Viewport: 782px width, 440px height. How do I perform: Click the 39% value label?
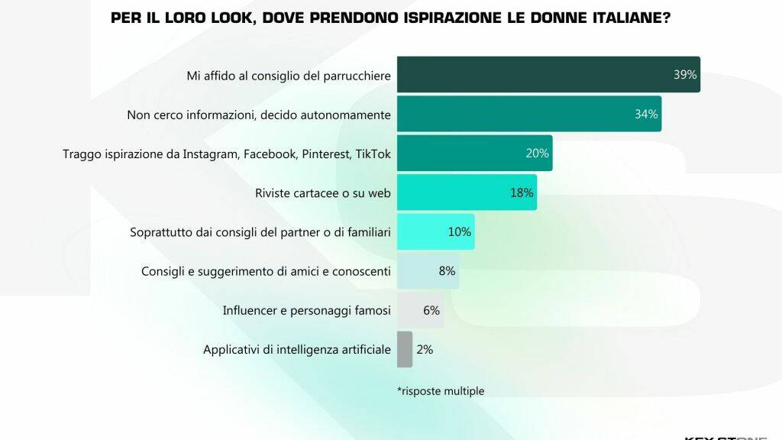(x=684, y=75)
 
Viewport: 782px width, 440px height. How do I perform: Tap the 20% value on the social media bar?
(x=537, y=154)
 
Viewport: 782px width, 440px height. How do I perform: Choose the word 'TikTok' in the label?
(x=373, y=154)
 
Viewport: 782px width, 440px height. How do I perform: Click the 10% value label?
(x=459, y=231)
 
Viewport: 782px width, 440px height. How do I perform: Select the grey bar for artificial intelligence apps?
(x=405, y=349)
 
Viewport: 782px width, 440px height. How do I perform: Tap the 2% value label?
(x=425, y=349)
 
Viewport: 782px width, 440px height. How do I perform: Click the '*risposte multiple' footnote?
(x=441, y=391)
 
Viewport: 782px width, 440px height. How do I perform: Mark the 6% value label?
(x=431, y=310)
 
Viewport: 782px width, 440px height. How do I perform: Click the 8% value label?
(x=447, y=270)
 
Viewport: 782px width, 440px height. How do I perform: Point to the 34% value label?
(x=645, y=115)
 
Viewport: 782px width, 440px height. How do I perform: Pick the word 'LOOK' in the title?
(x=222, y=17)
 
